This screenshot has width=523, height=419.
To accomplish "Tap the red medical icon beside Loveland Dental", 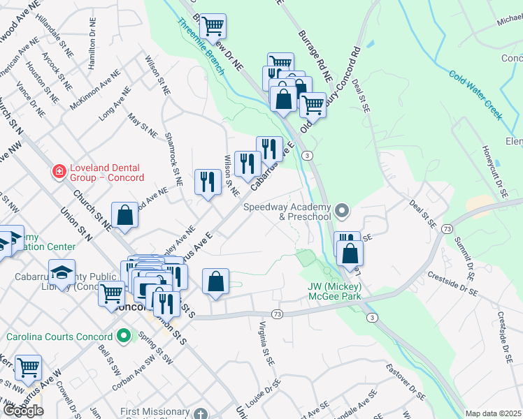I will [x=59, y=170].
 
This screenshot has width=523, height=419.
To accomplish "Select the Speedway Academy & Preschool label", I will [x=287, y=212].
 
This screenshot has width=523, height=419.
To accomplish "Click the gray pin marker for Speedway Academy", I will [x=341, y=210].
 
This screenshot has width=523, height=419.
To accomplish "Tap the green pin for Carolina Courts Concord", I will [x=124, y=337].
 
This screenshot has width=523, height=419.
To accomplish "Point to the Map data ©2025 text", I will [x=493, y=413].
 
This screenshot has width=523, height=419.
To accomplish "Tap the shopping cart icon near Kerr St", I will [x=28, y=366].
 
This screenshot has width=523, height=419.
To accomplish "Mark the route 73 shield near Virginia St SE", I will [x=278, y=314].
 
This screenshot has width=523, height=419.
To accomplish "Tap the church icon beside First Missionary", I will [x=201, y=413].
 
